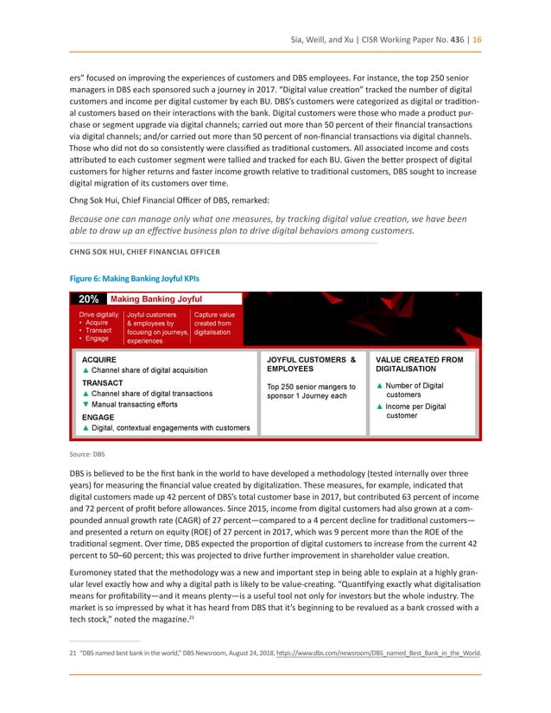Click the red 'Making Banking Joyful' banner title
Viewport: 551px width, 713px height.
(x=156, y=300)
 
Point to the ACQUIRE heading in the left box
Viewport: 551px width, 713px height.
(x=99, y=359)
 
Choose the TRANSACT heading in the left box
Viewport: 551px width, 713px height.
(x=102, y=382)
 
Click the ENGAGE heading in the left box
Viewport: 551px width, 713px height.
(x=98, y=416)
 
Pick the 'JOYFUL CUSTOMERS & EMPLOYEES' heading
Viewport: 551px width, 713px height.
(x=312, y=363)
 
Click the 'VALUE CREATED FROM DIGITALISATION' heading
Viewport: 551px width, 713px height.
(x=420, y=363)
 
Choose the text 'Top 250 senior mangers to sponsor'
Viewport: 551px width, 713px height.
(x=311, y=391)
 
